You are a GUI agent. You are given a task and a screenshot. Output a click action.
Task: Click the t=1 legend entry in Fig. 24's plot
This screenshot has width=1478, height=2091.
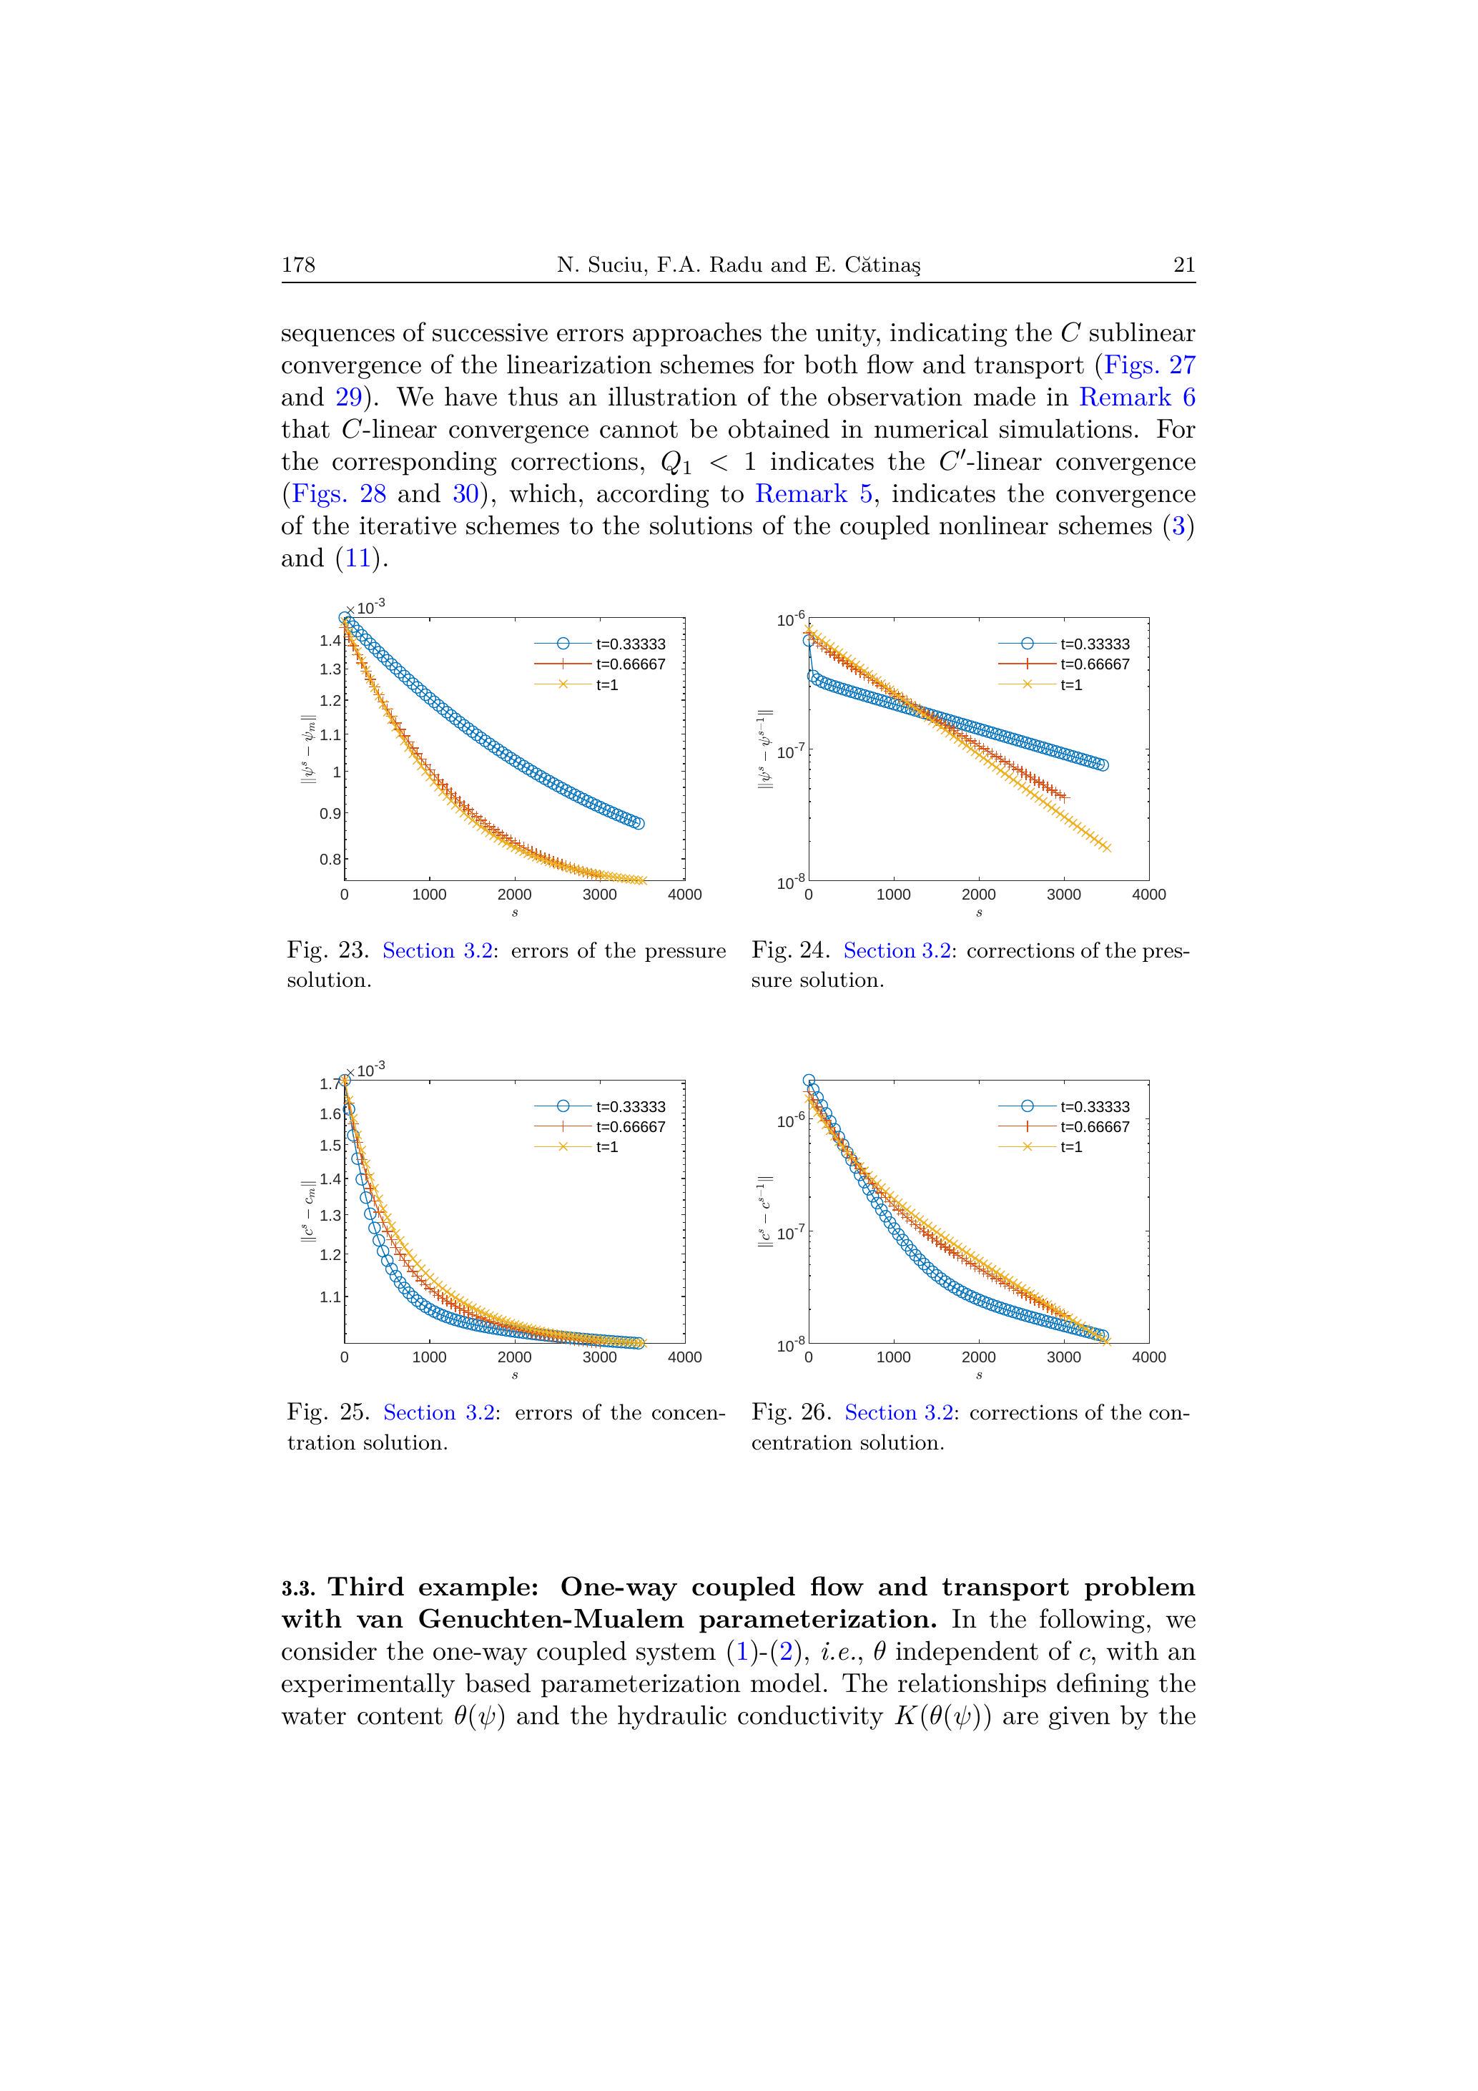coord(1071,685)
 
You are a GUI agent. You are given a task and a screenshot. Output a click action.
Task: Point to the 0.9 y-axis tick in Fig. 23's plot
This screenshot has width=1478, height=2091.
coord(330,813)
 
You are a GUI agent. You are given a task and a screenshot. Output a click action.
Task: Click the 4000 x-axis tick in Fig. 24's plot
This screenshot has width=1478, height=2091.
coord(1148,895)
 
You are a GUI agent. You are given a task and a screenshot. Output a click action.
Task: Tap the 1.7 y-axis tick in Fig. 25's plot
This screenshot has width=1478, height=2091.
coord(330,1083)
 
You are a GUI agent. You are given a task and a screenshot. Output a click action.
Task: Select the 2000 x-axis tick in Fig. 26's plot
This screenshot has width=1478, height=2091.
coord(978,1357)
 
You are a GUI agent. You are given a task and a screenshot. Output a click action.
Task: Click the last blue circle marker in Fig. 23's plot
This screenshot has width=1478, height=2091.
coord(637,823)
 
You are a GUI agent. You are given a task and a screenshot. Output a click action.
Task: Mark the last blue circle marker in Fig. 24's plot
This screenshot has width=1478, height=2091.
coord(1103,765)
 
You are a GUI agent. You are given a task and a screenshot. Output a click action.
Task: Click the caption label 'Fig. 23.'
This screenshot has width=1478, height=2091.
coord(327,951)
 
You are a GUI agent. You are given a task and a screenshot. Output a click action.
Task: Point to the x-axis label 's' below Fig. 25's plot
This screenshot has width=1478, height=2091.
coord(515,1375)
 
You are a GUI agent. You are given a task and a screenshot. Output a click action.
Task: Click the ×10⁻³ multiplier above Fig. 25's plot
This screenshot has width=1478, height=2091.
coord(366,1069)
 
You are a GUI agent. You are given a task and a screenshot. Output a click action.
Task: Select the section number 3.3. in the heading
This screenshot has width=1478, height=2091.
coord(299,1589)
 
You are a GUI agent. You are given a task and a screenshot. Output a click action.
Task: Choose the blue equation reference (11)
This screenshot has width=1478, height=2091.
coord(357,559)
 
